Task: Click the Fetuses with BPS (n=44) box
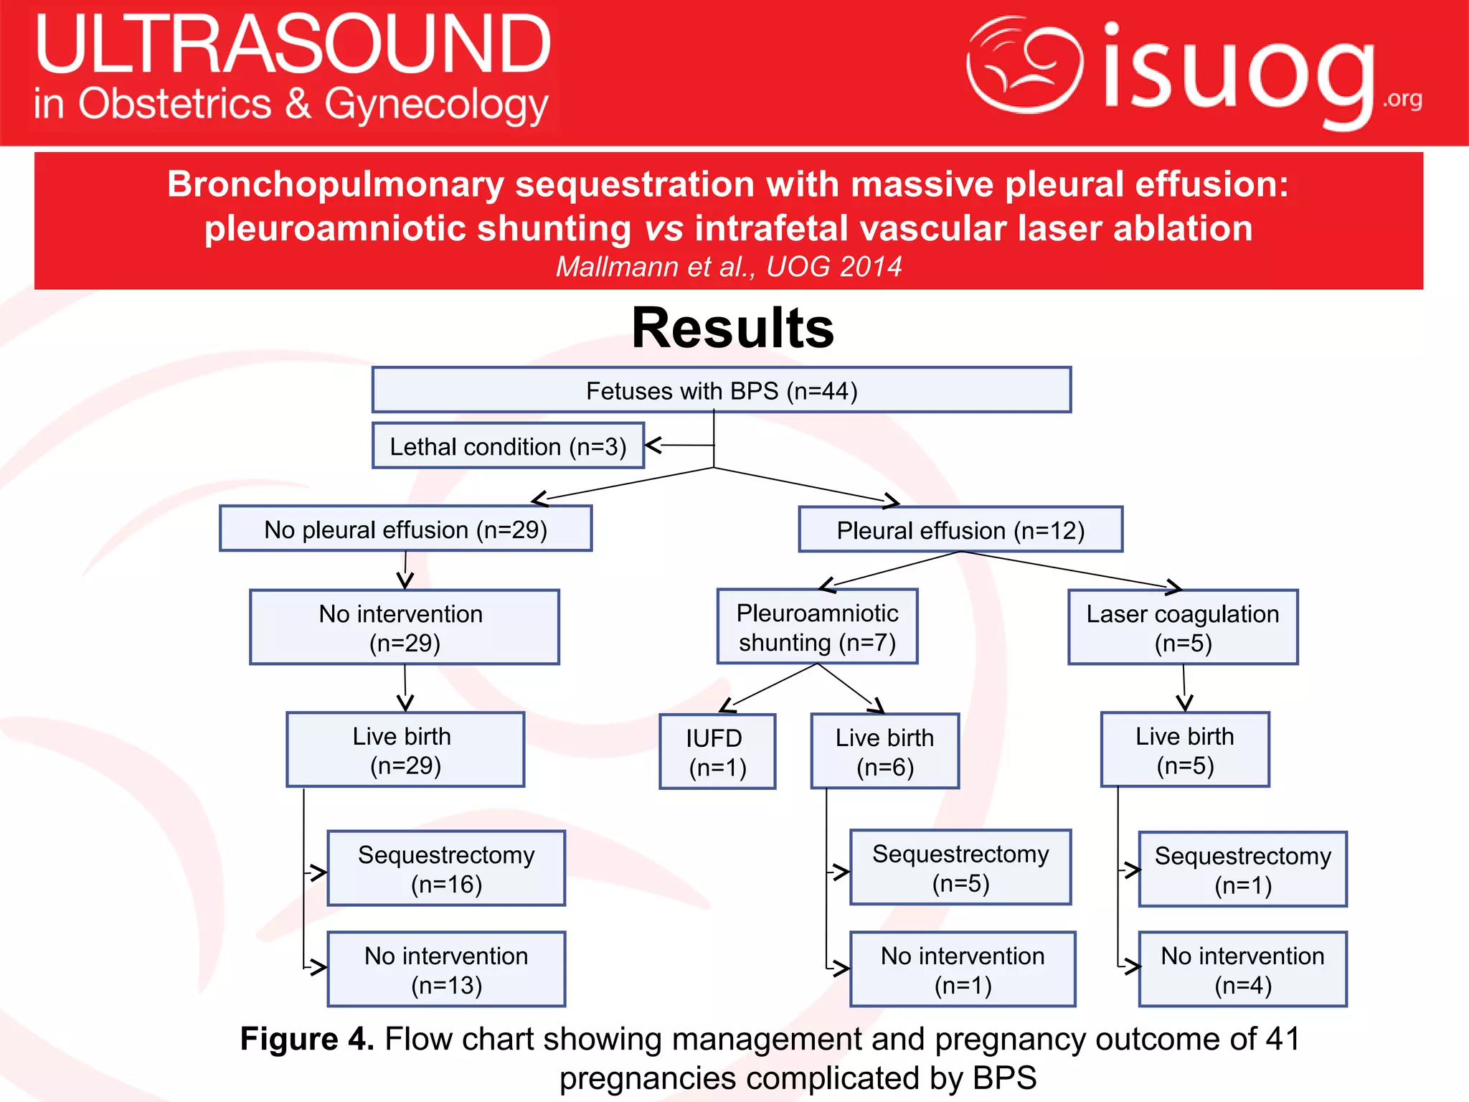click(x=721, y=390)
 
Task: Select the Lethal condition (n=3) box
click(x=508, y=446)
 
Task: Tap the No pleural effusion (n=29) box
click(x=405, y=529)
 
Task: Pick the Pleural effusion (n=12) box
click(x=960, y=530)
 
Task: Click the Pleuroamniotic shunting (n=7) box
click(x=817, y=627)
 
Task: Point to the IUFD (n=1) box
click(x=717, y=752)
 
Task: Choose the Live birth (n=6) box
click(x=884, y=752)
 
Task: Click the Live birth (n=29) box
click(x=405, y=750)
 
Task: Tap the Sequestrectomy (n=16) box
click(x=446, y=869)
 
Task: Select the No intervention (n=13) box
click(x=446, y=969)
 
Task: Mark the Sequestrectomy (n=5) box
click(x=960, y=868)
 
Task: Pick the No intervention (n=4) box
click(x=1242, y=969)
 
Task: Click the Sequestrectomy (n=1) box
click(x=1242, y=870)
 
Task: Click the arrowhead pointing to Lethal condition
click(x=652, y=445)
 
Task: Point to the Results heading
click(x=732, y=328)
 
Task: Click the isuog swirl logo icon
click(x=1024, y=65)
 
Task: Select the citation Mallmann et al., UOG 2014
click(x=728, y=267)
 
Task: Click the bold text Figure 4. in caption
click(x=307, y=1039)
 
